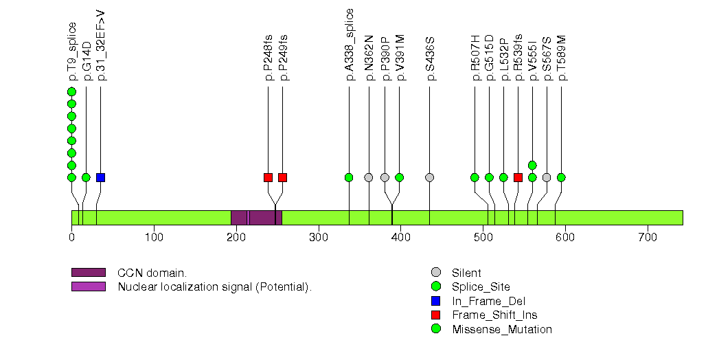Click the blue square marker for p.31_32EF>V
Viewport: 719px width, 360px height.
click(100, 177)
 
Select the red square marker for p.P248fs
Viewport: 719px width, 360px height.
click(268, 177)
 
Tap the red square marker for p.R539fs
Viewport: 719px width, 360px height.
click(518, 177)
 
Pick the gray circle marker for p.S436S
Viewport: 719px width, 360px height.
click(430, 177)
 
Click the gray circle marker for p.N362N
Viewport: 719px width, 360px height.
click(369, 177)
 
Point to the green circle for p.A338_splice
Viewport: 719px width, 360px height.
click(349, 177)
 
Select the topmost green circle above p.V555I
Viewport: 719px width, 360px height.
click(532, 165)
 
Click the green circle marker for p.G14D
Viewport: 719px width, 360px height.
click(86, 177)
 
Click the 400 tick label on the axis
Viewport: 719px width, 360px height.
click(400, 238)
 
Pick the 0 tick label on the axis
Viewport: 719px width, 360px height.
click(71, 238)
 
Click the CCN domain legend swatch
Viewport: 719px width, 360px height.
click(89, 273)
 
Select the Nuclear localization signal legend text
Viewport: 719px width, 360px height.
click(214, 286)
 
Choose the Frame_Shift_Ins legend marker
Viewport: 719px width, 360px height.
click(435, 315)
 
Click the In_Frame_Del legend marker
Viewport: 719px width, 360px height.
click(435, 301)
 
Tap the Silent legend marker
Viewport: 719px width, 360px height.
click(435, 273)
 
